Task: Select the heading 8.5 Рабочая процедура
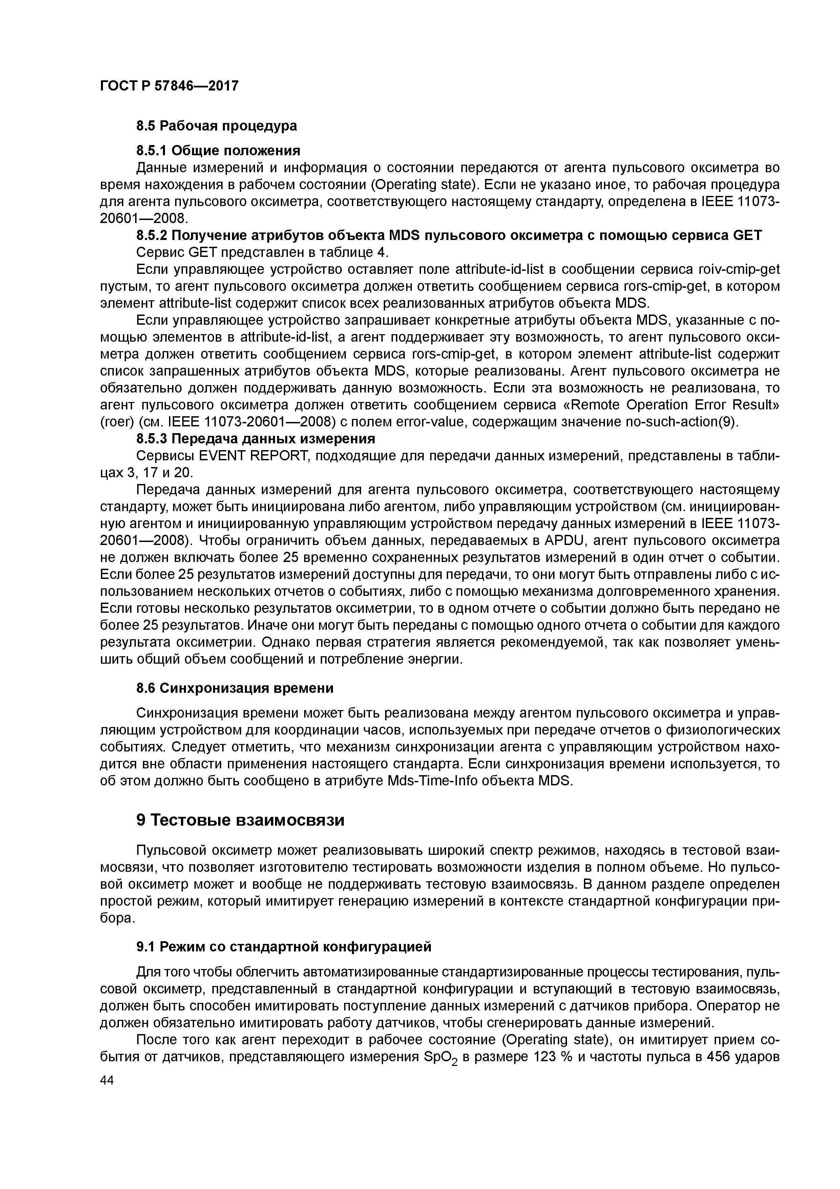tap(216, 126)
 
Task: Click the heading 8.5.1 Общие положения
tap(218, 151)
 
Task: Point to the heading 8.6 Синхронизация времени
tap(234, 688)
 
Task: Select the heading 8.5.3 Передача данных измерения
tap(255, 439)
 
